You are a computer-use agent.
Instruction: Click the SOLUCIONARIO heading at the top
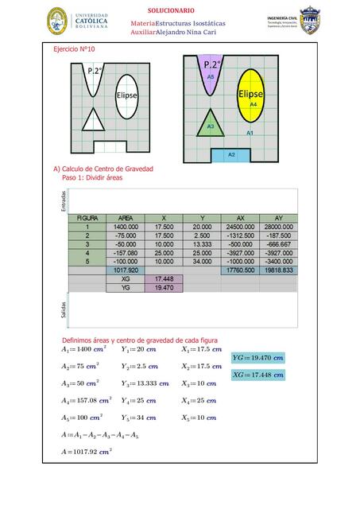tap(171, 10)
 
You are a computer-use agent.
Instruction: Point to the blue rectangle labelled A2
tap(231, 153)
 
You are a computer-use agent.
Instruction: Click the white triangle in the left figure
tap(94, 121)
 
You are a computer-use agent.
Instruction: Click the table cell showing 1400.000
tap(126, 227)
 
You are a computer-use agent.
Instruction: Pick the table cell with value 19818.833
tap(278, 270)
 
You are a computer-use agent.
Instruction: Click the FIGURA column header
tap(87, 218)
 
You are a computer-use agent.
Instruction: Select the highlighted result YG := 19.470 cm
tap(257, 359)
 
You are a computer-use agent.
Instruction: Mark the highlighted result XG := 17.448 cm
tap(257, 375)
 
